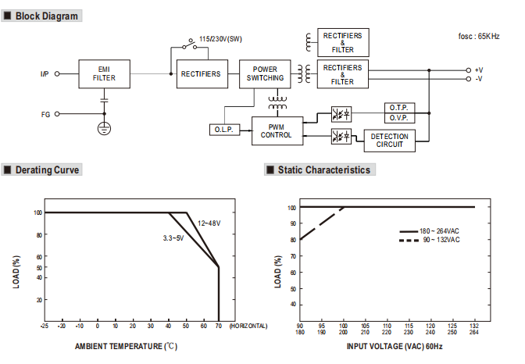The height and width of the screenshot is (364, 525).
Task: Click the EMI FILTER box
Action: (104, 74)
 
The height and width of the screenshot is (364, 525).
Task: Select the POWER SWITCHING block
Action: (265, 74)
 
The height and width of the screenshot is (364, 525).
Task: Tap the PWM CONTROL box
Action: (277, 131)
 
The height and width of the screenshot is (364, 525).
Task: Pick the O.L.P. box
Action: (225, 130)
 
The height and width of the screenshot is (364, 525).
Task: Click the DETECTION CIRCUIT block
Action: (389, 141)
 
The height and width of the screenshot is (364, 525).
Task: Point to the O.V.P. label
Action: (398, 118)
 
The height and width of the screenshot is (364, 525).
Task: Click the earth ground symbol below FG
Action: (104, 128)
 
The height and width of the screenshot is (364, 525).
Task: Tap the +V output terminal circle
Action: (469, 70)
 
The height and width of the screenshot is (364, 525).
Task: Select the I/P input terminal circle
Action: (57, 73)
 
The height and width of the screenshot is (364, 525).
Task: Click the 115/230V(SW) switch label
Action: (220, 39)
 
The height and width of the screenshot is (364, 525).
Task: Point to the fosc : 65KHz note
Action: (479, 36)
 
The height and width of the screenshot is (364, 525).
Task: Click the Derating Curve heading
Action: (47, 170)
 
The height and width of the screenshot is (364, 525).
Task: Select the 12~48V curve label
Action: (209, 223)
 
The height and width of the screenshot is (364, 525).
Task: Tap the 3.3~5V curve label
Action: (173, 238)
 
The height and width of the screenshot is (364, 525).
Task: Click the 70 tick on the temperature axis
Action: (219, 326)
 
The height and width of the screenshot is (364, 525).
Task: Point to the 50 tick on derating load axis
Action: (39, 268)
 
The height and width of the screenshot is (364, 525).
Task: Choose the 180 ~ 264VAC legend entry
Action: (429, 231)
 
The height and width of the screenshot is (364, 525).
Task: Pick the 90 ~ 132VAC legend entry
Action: (429, 240)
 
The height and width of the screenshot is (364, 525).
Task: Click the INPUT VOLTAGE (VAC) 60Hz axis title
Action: (395, 346)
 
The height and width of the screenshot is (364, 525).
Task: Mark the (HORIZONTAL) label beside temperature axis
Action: (248, 326)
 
